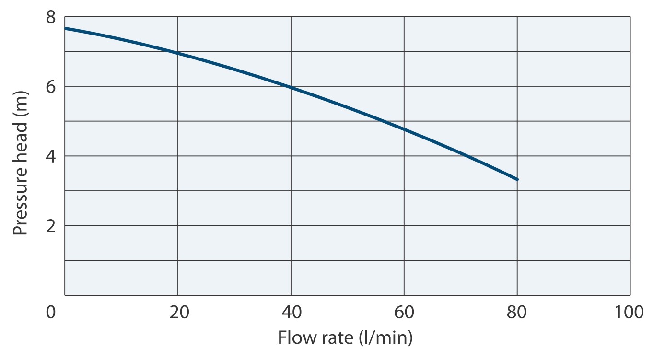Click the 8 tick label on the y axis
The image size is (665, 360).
click(51, 17)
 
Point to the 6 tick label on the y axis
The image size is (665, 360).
click(51, 87)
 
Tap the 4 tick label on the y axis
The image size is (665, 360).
click(51, 156)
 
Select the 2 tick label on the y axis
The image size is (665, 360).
click(51, 226)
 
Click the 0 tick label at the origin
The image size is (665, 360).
click(51, 312)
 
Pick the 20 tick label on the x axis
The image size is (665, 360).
click(178, 312)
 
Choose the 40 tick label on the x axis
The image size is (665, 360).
click(291, 312)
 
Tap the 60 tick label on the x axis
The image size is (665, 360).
click(404, 312)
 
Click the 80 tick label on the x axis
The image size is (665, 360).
click(517, 312)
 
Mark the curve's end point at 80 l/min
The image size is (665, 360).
click(517, 179)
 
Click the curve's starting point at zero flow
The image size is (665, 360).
click(66, 28)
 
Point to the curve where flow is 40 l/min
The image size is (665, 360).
click(291, 87)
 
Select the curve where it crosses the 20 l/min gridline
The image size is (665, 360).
click(178, 53)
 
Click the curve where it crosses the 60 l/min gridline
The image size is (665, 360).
click(404, 129)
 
